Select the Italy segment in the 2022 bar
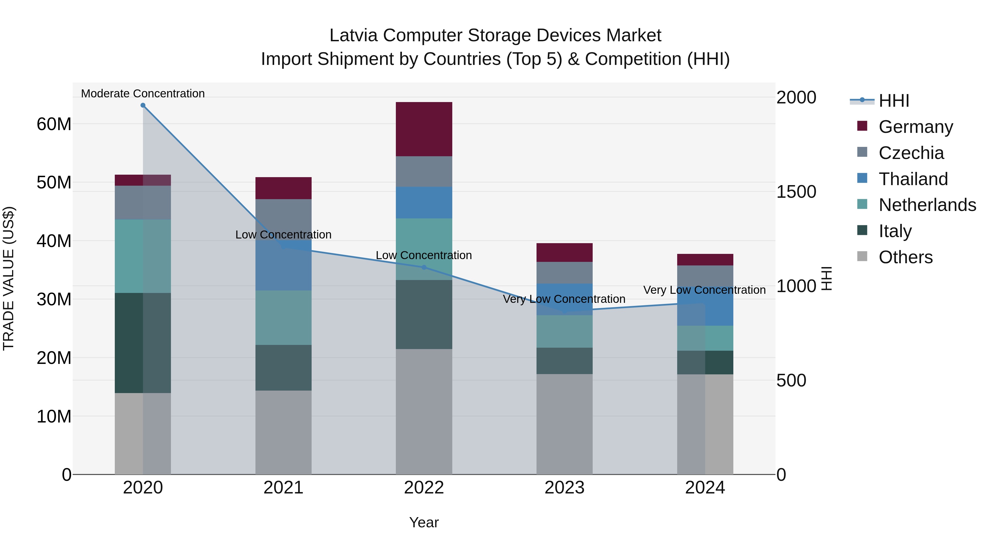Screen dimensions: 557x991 424,314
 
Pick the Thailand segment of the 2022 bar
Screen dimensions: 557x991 424,202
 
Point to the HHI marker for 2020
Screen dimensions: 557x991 143,105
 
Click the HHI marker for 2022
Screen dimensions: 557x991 424,267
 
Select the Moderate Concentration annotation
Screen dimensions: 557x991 143,94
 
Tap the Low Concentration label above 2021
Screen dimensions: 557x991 283,234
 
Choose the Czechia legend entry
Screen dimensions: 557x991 911,153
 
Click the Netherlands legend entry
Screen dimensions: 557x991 927,205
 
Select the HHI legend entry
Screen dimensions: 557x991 894,101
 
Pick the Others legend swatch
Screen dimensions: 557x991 862,256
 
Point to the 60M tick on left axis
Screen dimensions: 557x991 54,124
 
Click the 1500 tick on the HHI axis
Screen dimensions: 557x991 796,192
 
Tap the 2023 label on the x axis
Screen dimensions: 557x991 564,488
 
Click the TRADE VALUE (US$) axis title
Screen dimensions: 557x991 9,278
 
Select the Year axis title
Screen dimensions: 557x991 424,522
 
